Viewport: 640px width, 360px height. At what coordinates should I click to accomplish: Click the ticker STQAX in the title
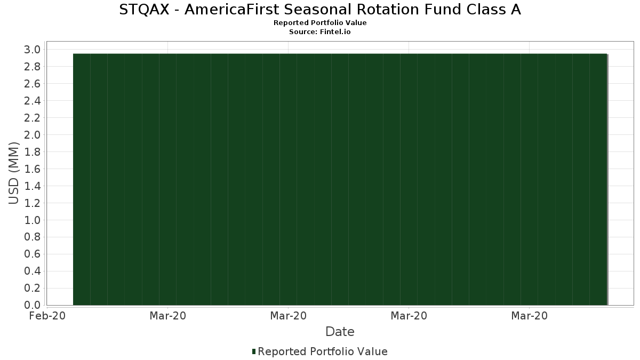click(144, 10)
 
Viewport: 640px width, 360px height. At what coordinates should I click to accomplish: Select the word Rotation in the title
click(388, 10)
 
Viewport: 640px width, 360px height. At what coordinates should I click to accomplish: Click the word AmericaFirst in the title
click(231, 10)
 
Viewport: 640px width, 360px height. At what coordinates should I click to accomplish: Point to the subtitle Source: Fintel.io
click(319, 31)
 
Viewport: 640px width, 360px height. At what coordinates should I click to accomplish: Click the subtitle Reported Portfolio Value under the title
click(320, 23)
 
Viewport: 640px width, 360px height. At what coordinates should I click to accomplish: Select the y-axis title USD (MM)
click(13, 173)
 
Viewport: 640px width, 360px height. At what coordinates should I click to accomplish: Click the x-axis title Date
click(340, 332)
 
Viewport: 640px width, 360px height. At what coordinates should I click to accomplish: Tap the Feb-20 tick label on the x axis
click(47, 316)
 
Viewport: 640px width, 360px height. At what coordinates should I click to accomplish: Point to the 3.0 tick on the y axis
click(33, 50)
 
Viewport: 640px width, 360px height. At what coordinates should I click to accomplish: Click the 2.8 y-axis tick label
click(33, 67)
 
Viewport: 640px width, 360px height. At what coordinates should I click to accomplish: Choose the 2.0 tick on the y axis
click(33, 135)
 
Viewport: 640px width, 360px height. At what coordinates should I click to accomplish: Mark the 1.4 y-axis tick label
click(33, 186)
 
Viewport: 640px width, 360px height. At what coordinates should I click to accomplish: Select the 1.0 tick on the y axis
click(33, 220)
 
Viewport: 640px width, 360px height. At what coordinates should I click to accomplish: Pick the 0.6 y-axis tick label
click(33, 254)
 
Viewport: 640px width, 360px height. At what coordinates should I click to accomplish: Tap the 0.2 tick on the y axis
click(33, 288)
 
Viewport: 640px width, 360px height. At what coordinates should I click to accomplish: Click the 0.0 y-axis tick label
click(33, 305)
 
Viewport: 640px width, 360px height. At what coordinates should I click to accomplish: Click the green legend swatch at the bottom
click(254, 351)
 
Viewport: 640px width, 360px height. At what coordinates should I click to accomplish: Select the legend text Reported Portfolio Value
click(323, 351)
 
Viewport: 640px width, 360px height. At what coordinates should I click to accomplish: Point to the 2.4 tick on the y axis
click(33, 101)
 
